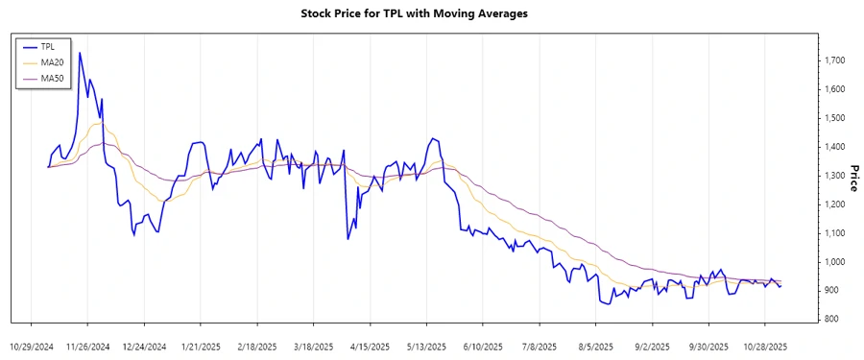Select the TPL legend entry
(x=48, y=45)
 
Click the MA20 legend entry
(x=50, y=60)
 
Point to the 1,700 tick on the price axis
(x=834, y=60)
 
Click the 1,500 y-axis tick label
(x=834, y=118)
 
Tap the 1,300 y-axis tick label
(x=834, y=176)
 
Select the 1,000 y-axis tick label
(x=834, y=262)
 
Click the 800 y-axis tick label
(x=831, y=320)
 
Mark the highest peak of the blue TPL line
(x=80, y=53)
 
